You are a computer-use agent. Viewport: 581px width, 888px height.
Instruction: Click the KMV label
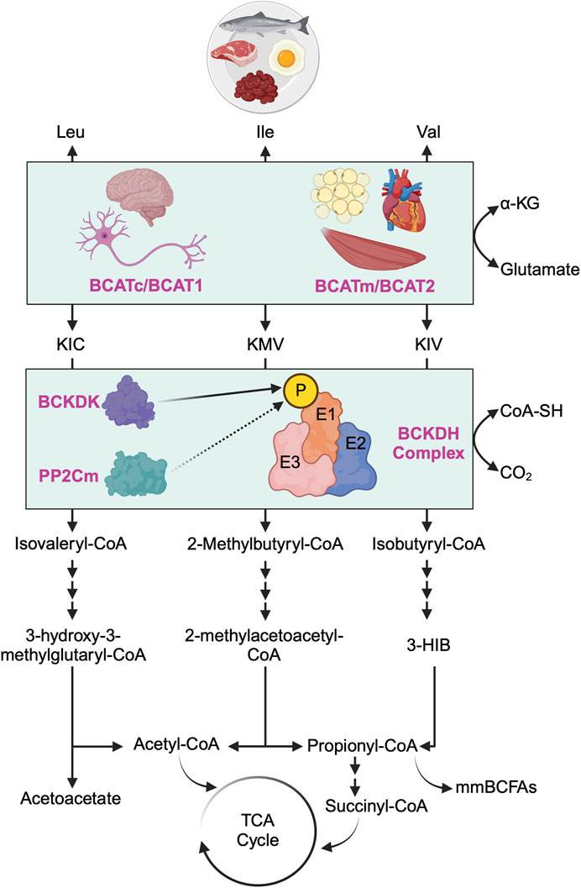click(265, 344)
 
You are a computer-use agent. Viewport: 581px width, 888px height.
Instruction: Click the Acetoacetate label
click(73, 807)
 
